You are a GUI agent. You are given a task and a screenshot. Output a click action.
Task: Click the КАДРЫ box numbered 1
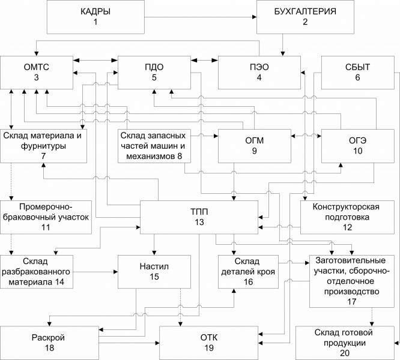tap(95, 17)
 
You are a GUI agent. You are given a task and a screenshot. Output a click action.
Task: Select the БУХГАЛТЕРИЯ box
tap(305, 17)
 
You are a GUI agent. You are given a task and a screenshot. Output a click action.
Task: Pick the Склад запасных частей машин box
tap(155, 145)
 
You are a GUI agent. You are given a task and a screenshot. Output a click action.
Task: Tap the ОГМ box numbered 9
tap(254, 145)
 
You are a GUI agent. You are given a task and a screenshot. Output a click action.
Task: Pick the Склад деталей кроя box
tap(247, 271)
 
